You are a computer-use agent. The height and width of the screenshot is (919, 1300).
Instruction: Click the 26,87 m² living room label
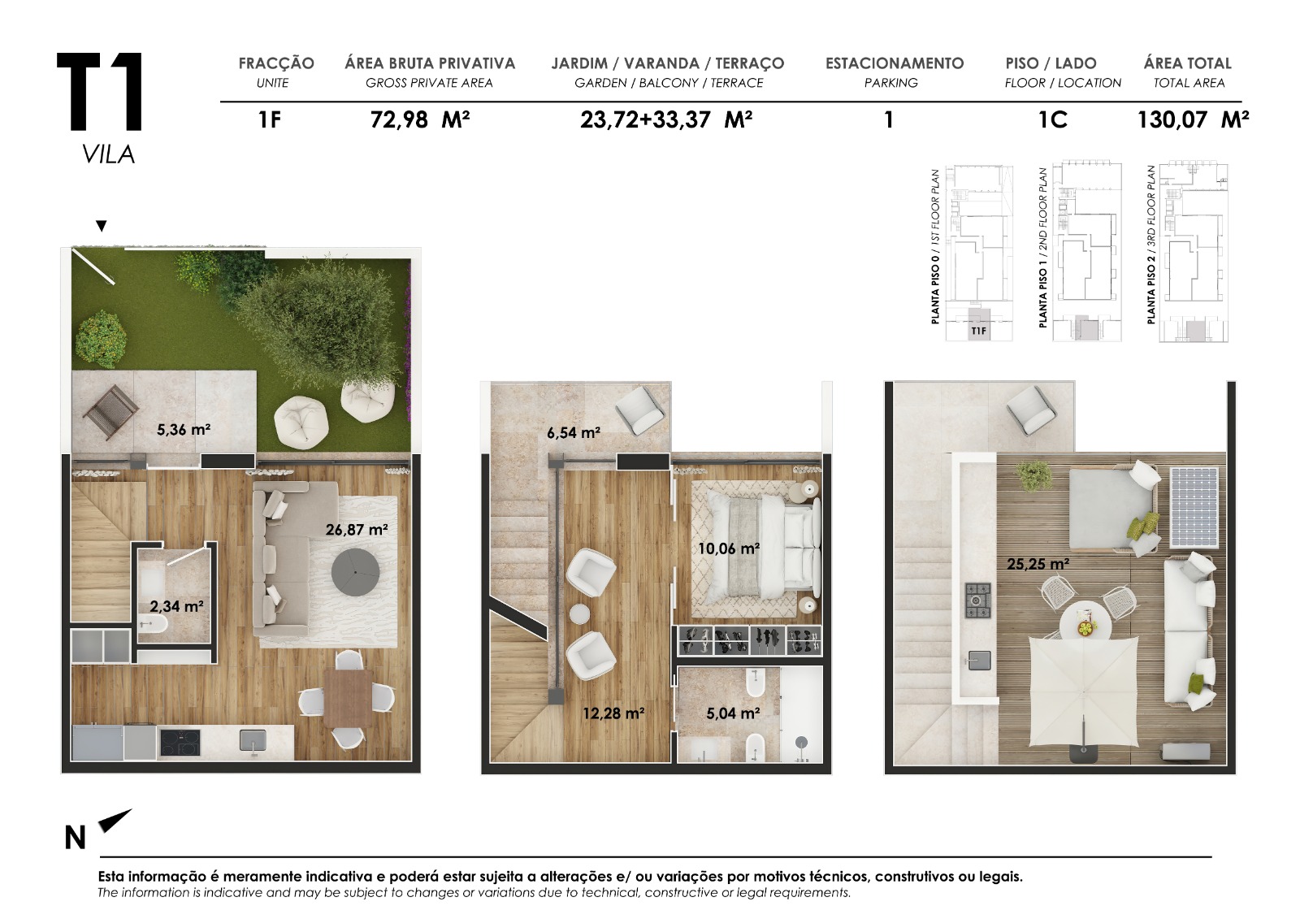356,530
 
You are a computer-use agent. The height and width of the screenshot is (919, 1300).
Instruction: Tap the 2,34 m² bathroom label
176,606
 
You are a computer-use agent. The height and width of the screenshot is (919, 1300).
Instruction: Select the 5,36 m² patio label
184,429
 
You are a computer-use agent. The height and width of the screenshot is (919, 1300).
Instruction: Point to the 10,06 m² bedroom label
728,548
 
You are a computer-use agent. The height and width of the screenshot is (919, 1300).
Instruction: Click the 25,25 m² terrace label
1038,563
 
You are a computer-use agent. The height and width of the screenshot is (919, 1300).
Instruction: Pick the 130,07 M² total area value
1192,120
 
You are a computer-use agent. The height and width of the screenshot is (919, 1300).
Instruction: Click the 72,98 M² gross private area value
419,120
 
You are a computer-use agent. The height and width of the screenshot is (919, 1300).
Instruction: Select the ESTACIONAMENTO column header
894,63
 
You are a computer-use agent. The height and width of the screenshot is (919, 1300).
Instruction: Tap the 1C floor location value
1052,120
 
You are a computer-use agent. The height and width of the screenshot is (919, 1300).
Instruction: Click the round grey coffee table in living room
355,572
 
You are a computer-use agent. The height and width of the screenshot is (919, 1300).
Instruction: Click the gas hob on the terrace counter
977,600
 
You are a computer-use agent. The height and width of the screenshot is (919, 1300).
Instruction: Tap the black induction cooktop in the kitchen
180,742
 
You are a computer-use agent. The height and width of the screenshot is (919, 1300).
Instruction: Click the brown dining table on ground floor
347,698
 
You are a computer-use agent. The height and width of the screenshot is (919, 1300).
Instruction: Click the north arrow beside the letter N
114,821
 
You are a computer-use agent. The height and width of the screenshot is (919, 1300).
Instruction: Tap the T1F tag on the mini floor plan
979,331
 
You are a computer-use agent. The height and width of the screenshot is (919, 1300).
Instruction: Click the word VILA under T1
108,154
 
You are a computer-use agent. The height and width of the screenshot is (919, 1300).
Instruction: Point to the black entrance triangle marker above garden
101,226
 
